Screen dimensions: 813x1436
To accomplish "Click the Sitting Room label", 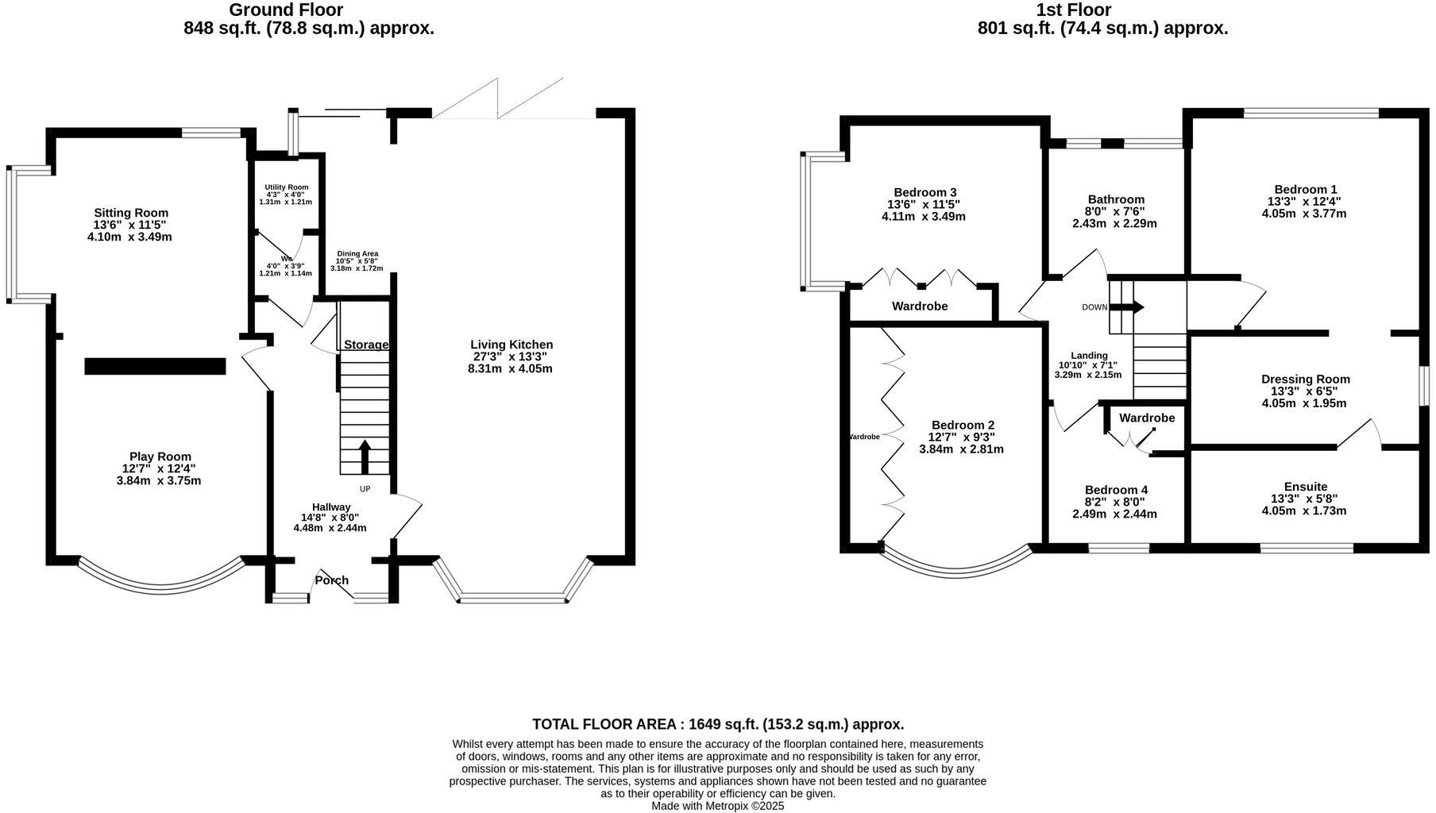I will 131,213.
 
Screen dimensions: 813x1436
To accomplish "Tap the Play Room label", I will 160,457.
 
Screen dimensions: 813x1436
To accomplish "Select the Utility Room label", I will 286,187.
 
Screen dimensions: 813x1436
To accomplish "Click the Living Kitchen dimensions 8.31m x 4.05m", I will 510,368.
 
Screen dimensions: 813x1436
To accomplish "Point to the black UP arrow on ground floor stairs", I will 365,457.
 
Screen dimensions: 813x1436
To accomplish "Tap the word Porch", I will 331,580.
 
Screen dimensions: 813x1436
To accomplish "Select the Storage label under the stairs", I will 365,345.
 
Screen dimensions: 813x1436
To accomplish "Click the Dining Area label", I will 357,254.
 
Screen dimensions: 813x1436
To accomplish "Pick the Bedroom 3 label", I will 925,192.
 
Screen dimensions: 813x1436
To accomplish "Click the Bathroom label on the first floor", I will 1116,199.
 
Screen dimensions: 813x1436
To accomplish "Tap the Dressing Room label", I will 1305,380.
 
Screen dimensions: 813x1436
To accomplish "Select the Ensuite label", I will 1305,487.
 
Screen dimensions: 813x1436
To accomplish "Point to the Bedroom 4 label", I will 1115,490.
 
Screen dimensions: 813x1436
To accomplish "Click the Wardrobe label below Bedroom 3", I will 919,306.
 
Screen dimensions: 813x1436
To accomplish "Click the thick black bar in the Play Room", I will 155,366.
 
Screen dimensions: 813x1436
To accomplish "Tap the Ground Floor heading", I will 286,10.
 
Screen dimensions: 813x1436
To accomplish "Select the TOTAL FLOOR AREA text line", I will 717,724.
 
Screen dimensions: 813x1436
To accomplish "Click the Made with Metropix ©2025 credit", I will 717,805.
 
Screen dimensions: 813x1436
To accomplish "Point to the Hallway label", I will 330,507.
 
